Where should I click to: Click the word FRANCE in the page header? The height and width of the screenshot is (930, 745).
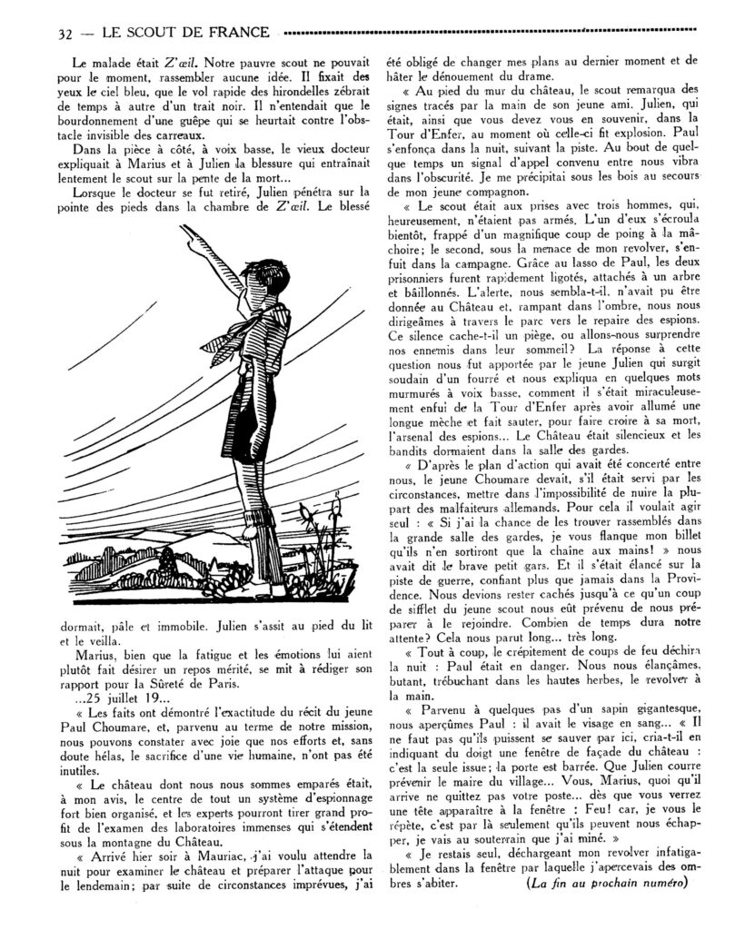coord(238,34)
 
